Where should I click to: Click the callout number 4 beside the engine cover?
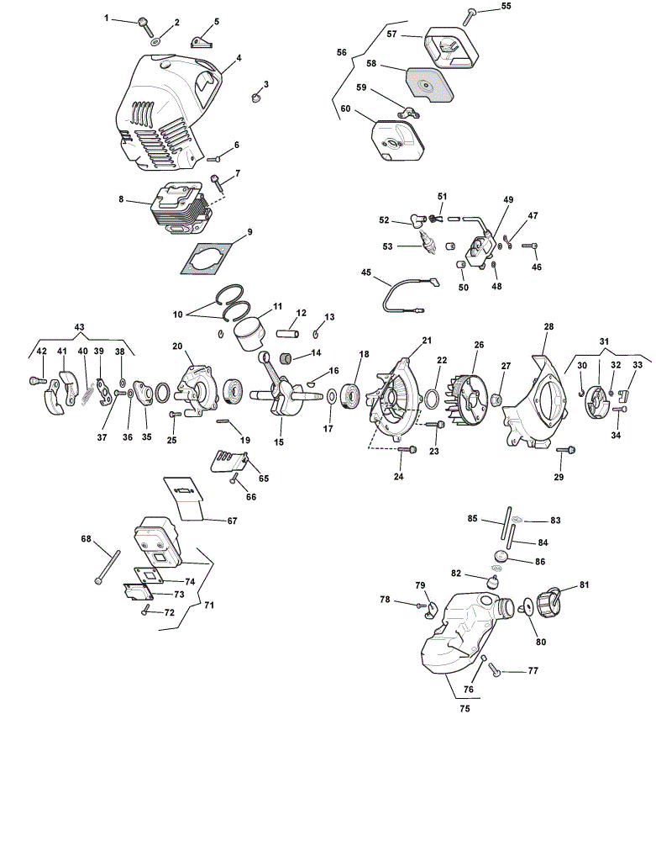click(x=239, y=57)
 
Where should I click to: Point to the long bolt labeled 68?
click(x=108, y=567)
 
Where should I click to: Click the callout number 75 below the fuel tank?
click(x=464, y=708)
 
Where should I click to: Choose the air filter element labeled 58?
click(x=431, y=84)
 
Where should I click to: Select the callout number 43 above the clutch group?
click(x=79, y=327)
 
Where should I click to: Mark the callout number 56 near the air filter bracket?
click(x=342, y=52)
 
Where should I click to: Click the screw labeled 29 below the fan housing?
click(x=566, y=449)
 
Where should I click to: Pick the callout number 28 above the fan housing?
click(x=548, y=326)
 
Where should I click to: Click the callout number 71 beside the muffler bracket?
click(x=209, y=605)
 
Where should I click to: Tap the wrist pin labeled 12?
click(x=288, y=332)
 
